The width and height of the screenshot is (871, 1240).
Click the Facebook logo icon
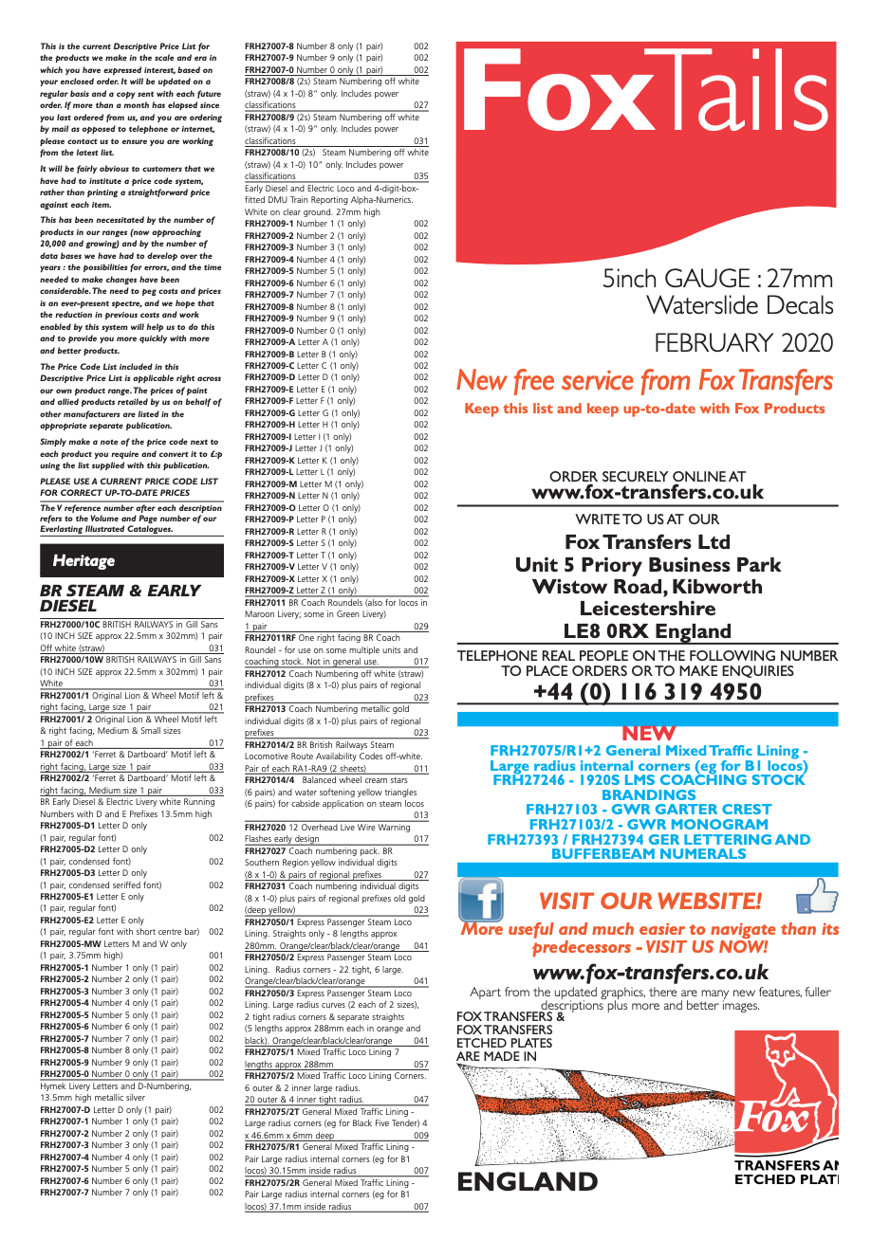click(x=481, y=900)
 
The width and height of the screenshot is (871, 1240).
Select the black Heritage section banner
click(x=131, y=560)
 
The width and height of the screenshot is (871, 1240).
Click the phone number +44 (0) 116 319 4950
click(x=647, y=691)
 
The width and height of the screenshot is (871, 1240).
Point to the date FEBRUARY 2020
click(x=743, y=342)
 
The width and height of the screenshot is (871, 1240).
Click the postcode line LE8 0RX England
click(x=647, y=631)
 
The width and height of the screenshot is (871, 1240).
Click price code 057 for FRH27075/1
click(x=421, y=1065)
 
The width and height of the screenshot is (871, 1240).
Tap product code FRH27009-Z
click(x=269, y=591)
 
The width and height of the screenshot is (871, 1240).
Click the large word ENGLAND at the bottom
click(x=528, y=1181)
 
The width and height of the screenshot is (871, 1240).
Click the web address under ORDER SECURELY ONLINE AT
click(x=647, y=492)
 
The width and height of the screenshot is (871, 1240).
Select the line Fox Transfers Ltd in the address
click(x=647, y=542)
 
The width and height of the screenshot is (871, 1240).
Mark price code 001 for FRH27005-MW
click(x=216, y=956)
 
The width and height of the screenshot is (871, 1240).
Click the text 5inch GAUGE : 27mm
click(x=717, y=279)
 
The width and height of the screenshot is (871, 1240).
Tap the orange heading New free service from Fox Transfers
click(x=645, y=381)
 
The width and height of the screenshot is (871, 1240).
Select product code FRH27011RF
click(x=270, y=638)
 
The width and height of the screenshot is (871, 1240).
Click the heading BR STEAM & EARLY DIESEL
click(x=120, y=597)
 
